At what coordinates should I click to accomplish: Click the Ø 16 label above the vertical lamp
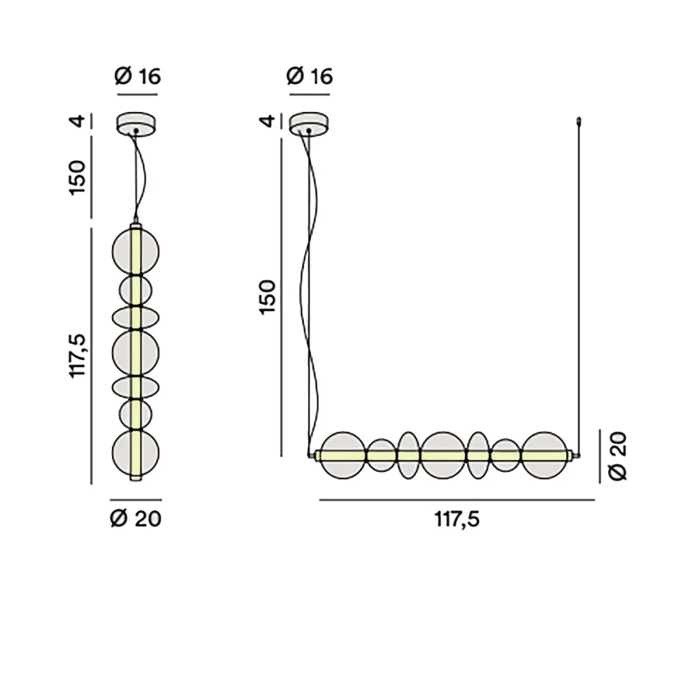[138, 76]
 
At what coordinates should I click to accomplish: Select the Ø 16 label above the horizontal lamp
[310, 76]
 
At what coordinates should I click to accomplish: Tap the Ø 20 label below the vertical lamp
[136, 519]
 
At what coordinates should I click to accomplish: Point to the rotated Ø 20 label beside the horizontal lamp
[618, 456]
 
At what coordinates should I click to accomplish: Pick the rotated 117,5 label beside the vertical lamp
[78, 355]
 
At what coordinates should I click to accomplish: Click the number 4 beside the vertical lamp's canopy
[79, 122]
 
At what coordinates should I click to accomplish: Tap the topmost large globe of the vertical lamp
[136, 250]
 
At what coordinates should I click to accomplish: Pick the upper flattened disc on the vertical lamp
[136, 317]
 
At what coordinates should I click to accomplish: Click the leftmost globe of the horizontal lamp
[343, 456]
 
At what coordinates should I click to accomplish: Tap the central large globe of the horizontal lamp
[443, 456]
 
